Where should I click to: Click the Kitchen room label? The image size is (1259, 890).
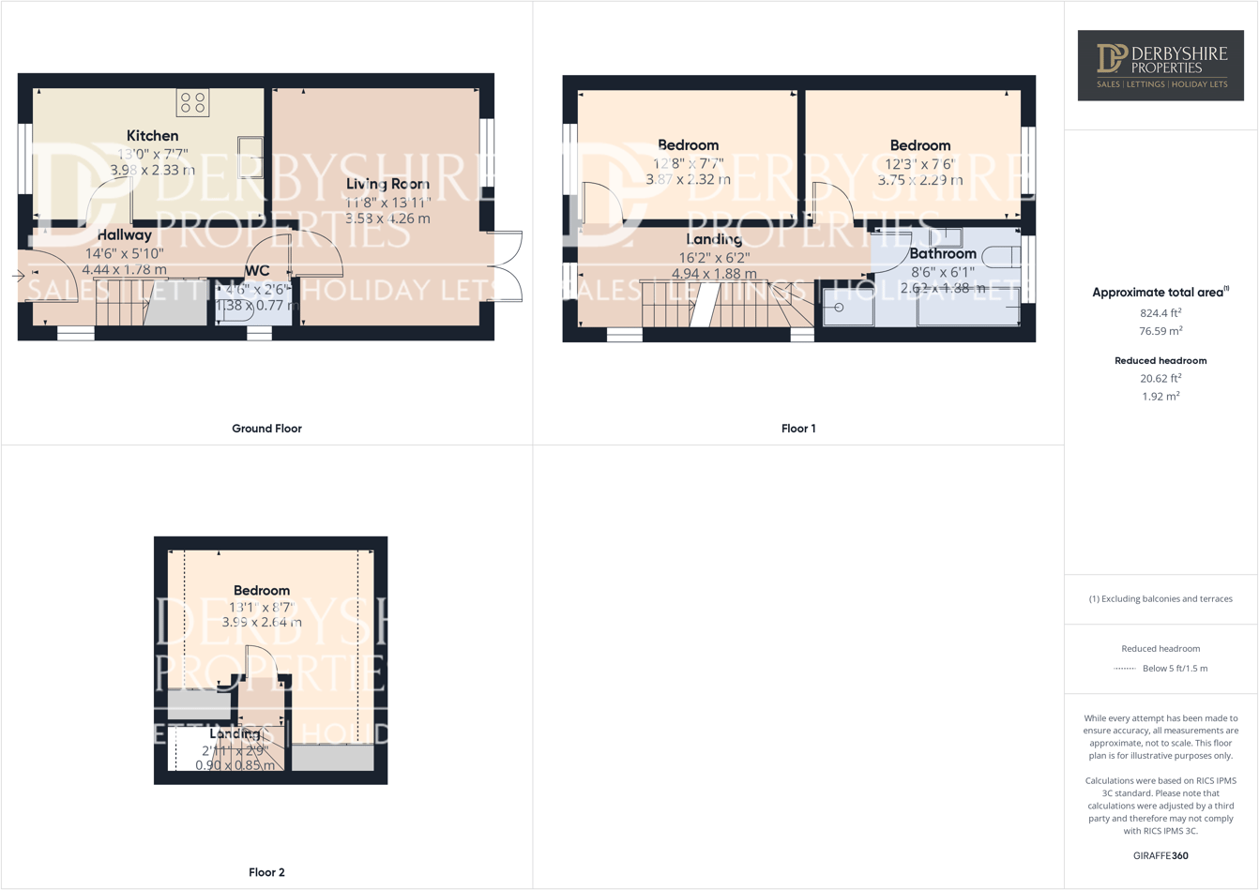(x=152, y=136)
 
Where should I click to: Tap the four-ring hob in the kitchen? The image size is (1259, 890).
(x=193, y=102)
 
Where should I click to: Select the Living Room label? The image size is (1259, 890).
(x=387, y=184)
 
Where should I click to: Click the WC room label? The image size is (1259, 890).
(x=256, y=271)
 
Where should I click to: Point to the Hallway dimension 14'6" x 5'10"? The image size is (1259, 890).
(x=124, y=253)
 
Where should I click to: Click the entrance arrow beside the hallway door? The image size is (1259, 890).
(x=18, y=276)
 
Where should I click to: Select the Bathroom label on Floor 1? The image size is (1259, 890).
(x=943, y=254)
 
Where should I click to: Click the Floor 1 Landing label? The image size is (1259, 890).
(x=714, y=240)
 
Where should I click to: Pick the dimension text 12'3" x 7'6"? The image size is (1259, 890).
(x=919, y=163)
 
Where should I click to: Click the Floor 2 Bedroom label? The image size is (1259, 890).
(x=262, y=591)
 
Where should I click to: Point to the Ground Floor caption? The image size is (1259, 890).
(x=266, y=429)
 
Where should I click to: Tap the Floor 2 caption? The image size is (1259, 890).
(x=266, y=872)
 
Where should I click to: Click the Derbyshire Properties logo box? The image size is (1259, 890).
(x=1160, y=65)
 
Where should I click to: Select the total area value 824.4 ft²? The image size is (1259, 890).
(x=1160, y=313)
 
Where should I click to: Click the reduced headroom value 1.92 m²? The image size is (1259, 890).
(x=1160, y=397)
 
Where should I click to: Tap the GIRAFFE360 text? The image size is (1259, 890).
(x=1160, y=855)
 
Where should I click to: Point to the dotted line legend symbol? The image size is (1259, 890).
(x=1124, y=669)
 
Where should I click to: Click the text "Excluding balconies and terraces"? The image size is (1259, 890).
(x=1167, y=598)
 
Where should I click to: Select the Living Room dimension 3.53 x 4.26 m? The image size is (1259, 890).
(x=387, y=219)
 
